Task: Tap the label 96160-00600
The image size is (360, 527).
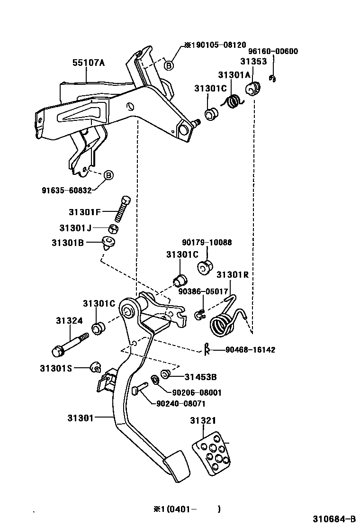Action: (273, 52)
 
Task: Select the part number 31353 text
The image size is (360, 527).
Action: (253, 62)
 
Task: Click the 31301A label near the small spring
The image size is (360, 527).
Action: (234, 74)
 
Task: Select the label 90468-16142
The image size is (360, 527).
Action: (250, 350)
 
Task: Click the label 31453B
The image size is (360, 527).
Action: (200, 377)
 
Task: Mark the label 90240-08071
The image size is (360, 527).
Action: (180, 404)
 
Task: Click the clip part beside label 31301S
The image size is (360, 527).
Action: (96, 368)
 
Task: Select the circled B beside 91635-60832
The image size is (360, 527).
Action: (108, 175)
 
